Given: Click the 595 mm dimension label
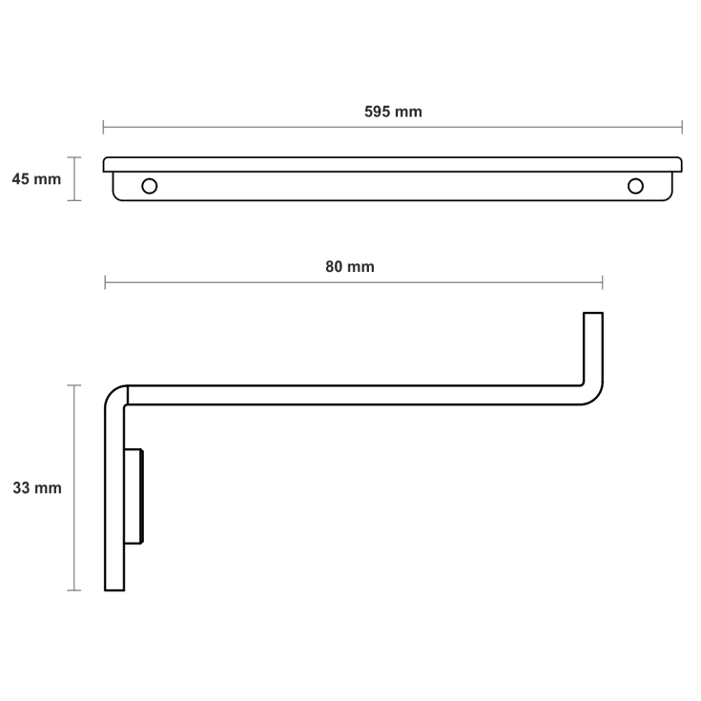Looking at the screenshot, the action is tap(393, 112).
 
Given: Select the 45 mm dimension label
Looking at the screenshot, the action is tap(36, 179).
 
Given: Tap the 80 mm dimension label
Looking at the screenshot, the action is tap(350, 267).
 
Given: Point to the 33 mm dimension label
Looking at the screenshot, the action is tap(37, 487).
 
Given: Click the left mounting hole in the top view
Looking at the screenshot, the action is tap(150, 186).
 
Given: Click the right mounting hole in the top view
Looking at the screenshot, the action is tap(635, 186).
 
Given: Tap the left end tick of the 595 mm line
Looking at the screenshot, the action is tap(103, 127).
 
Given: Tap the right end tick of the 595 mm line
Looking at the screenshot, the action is tap(682, 127).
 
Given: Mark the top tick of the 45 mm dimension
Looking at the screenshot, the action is tap(74, 157).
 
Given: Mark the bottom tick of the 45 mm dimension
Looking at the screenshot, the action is tap(74, 200).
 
